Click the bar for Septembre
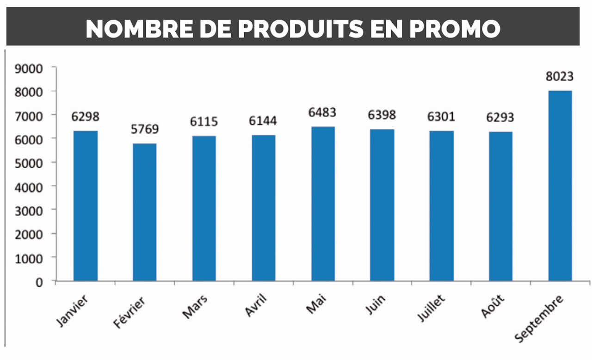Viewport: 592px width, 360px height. (560, 186)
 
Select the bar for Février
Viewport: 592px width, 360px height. (144, 212)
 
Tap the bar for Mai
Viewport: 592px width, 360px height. (323, 204)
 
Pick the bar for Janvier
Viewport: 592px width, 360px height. (86, 205)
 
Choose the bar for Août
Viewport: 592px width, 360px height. (500, 206)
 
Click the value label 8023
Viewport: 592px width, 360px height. (560, 76)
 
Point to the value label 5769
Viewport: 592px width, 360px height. (144, 129)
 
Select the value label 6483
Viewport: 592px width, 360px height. (323, 112)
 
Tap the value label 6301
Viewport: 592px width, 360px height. (441, 117)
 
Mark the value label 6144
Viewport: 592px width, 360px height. (263, 121)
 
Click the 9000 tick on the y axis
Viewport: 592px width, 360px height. (29, 68)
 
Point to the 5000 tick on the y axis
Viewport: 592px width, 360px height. (29, 163)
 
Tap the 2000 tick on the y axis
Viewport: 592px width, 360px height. (29, 234)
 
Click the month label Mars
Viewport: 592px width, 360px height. (195, 306)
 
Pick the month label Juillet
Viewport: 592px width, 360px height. (431, 307)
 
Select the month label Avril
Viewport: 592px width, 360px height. (255, 306)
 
